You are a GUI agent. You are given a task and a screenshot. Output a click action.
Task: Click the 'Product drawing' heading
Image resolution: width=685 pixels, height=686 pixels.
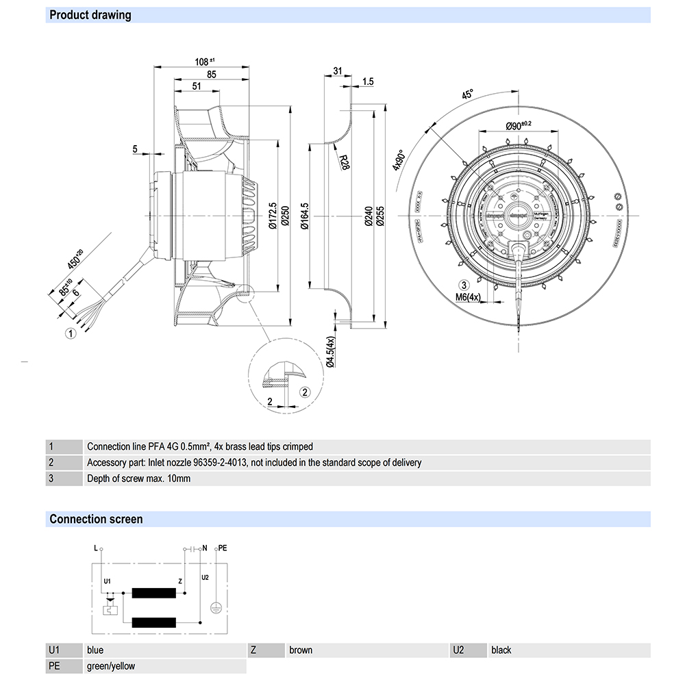pyautogui.click(x=90, y=15)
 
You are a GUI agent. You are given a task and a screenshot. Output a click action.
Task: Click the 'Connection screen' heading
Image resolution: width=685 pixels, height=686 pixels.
pyautogui.click(x=96, y=519)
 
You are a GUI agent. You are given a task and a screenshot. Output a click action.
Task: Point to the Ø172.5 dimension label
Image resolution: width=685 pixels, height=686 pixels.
pyautogui.click(x=273, y=216)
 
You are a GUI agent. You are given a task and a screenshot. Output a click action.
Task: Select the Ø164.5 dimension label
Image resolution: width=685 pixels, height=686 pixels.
pyautogui.click(x=306, y=216)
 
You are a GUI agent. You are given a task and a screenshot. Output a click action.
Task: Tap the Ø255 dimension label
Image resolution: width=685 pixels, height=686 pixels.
pyautogui.click(x=382, y=216)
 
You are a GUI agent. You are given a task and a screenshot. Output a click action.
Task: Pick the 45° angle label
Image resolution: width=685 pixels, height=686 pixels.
pyautogui.click(x=468, y=96)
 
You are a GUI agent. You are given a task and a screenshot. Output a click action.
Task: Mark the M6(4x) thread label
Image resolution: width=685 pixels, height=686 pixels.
pyautogui.click(x=469, y=297)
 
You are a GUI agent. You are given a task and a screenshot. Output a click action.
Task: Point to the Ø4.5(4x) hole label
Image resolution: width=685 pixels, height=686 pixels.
pyautogui.click(x=330, y=352)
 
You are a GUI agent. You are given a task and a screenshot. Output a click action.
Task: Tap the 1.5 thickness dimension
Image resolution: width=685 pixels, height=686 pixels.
pyautogui.click(x=367, y=81)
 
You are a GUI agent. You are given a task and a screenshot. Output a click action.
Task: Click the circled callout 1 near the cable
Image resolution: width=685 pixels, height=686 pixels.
pyautogui.click(x=69, y=334)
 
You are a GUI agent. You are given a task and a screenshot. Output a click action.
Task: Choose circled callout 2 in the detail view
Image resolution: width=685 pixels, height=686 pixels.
pyautogui.click(x=306, y=391)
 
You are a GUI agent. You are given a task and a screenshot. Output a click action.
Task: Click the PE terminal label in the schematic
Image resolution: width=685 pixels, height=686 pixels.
pyautogui.click(x=221, y=548)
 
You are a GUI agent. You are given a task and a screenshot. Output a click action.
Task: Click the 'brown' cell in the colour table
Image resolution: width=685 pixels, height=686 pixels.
pyautogui.click(x=301, y=650)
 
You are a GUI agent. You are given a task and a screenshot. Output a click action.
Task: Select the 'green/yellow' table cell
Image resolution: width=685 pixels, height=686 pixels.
pyautogui.click(x=111, y=665)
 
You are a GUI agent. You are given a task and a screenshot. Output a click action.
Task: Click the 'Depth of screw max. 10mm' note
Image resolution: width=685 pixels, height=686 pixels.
pyautogui.click(x=138, y=479)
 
